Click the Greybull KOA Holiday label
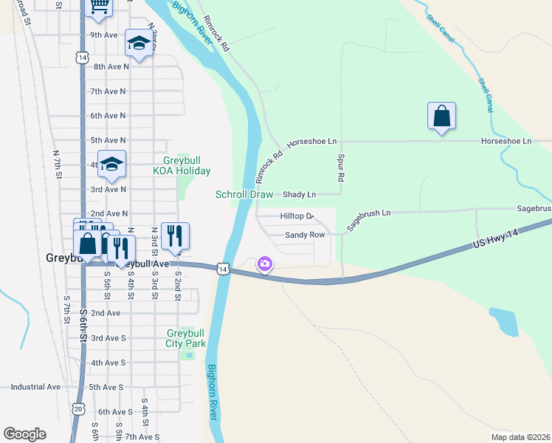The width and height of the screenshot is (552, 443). coord(182,165)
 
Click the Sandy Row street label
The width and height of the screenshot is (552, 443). coord(305,235)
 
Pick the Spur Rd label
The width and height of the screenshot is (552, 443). coord(341,168)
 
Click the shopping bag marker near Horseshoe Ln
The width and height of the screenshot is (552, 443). coord(441,117)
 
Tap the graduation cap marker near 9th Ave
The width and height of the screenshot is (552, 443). coord(138,43)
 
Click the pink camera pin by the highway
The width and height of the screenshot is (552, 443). coord(264,264)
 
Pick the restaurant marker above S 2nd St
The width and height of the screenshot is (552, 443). coord(175,236)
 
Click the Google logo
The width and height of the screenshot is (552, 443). coord(24,434)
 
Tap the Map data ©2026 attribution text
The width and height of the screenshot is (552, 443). coord(520,436)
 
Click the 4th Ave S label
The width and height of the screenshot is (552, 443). coord(108,363)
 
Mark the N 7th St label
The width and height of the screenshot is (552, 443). coord(57,163)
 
